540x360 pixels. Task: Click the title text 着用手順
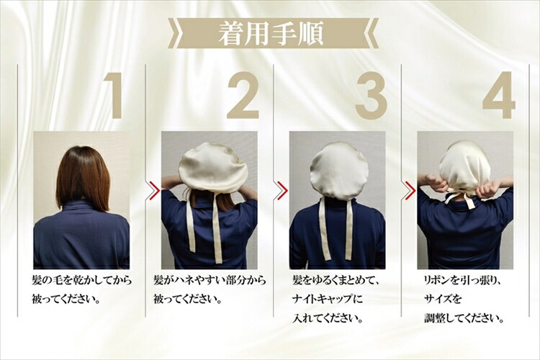tap(271, 33)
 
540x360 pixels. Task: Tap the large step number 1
tap(114, 96)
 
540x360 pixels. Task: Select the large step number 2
tap(243, 96)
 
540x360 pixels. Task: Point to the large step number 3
tap(372, 96)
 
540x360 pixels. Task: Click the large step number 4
tap(499, 96)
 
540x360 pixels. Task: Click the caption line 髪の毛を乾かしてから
tap(82, 280)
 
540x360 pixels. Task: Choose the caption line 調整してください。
tap(464, 318)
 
